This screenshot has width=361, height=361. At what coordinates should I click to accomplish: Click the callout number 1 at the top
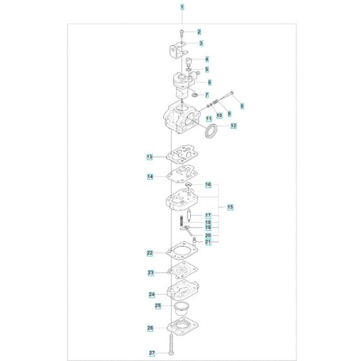(182, 7)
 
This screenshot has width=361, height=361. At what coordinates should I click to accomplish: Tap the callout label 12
(233, 126)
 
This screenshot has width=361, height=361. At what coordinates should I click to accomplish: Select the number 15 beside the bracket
(230, 207)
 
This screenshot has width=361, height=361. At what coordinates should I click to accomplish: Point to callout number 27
(152, 353)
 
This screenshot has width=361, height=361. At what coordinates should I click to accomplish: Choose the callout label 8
(242, 106)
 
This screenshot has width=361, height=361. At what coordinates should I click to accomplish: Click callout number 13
(150, 157)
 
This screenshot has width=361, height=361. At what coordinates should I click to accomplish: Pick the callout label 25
(158, 306)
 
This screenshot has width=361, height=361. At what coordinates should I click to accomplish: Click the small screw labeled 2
(181, 34)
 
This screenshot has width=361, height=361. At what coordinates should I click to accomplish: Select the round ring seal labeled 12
(211, 132)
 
